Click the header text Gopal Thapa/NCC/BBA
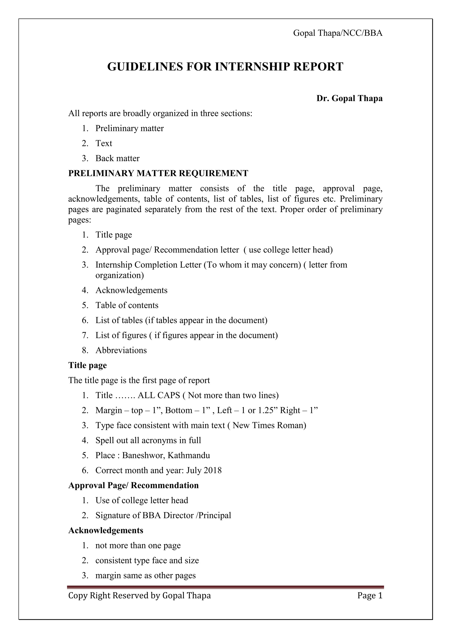(338, 33)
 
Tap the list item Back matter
(117, 158)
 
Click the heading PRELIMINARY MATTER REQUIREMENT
(158, 173)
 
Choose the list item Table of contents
(127, 305)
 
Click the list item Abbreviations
(121, 350)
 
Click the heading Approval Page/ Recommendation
(133, 485)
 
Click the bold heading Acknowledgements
(106, 530)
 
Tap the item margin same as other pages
(146, 575)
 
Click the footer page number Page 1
(370, 596)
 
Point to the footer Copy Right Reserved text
(139, 596)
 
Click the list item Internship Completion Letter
(149, 265)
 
